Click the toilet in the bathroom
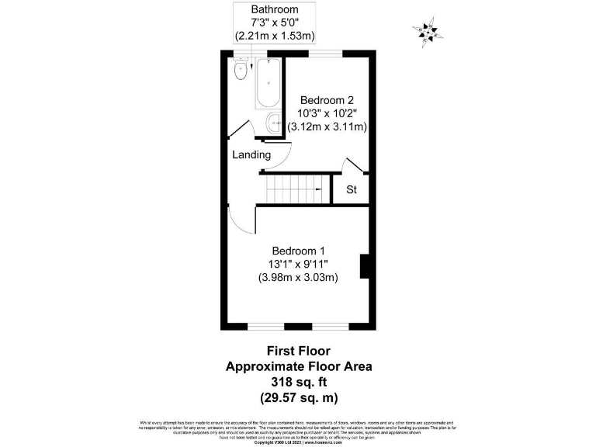240,71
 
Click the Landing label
251,154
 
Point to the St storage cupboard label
351,189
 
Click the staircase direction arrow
318,189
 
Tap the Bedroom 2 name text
327,99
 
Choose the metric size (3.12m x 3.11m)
327,126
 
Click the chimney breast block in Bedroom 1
364,266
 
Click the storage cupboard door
354,167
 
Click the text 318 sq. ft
298,382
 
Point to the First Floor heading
298,351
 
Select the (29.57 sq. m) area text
298,397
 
